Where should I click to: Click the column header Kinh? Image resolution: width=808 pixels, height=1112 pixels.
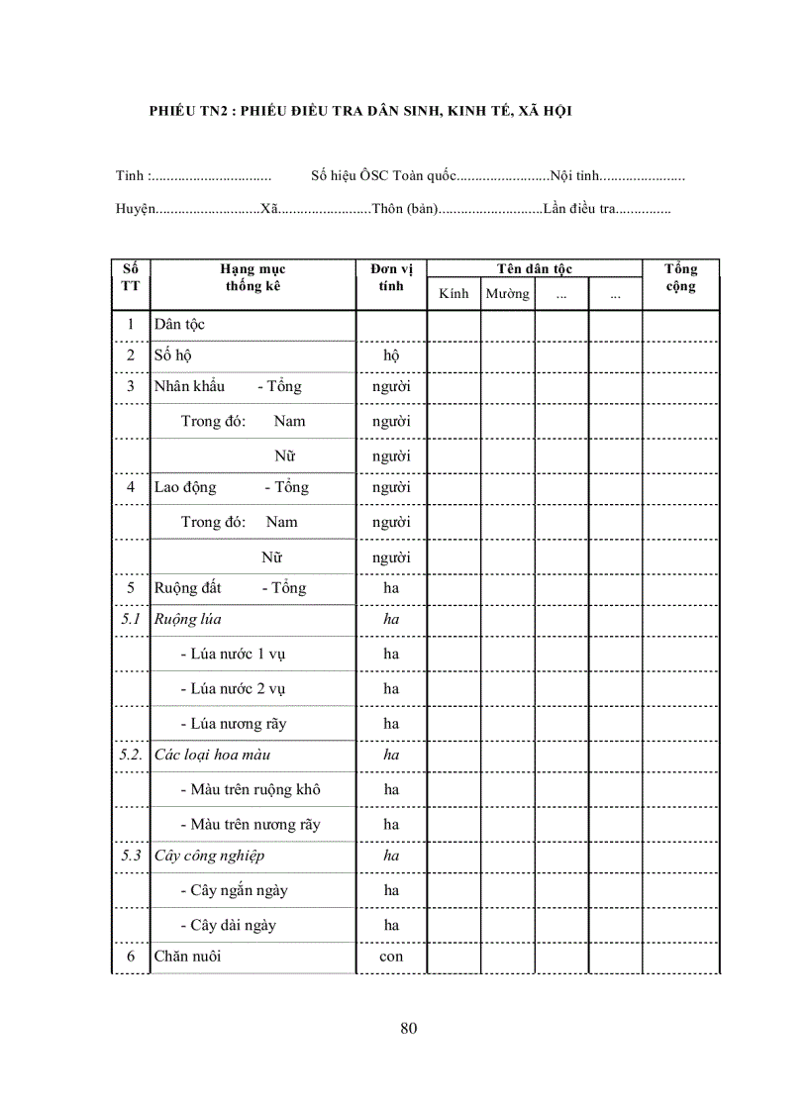(x=454, y=294)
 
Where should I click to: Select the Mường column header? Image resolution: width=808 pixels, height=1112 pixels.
(x=507, y=294)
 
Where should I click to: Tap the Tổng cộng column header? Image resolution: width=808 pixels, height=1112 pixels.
(x=680, y=278)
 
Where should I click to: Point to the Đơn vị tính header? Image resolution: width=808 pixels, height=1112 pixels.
(x=391, y=278)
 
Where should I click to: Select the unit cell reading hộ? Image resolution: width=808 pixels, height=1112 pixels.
(x=391, y=355)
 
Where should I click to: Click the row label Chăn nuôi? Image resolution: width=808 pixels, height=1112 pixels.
(x=188, y=957)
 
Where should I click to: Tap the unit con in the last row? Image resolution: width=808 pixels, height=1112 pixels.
(x=391, y=958)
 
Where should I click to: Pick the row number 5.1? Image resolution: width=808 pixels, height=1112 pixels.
(x=130, y=620)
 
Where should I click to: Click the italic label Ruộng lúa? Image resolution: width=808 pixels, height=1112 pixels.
(x=187, y=620)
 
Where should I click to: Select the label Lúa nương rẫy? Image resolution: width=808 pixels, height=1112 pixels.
(x=234, y=724)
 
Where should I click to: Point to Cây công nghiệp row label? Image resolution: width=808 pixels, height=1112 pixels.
(x=209, y=856)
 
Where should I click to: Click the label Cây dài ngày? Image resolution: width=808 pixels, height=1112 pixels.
(x=228, y=926)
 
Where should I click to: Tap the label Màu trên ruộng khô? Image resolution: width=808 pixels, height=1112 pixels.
(x=251, y=790)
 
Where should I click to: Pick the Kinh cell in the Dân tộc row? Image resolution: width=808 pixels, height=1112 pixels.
(x=454, y=325)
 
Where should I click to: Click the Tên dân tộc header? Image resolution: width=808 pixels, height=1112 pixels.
(x=535, y=269)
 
